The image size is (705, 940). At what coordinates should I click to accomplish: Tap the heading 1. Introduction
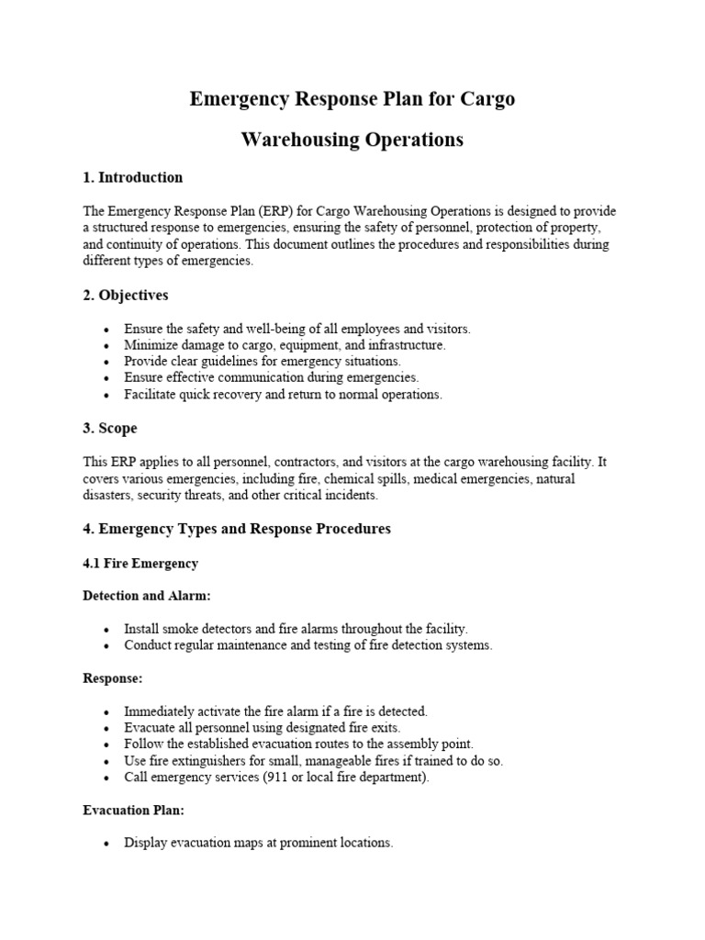(132, 177)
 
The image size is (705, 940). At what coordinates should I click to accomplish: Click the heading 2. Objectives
(126, 296)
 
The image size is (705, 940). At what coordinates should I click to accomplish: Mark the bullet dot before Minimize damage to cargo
(107, 345)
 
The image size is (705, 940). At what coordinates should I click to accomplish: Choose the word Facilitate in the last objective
(151, 394)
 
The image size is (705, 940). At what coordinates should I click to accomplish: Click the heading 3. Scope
(110, 428)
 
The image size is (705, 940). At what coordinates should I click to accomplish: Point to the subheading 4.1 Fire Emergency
(140, 563)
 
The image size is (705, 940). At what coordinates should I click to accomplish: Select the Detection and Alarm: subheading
(147, 596)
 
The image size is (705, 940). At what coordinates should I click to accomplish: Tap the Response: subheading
(114, 678)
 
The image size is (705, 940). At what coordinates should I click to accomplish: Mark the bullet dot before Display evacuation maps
(107, 843)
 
